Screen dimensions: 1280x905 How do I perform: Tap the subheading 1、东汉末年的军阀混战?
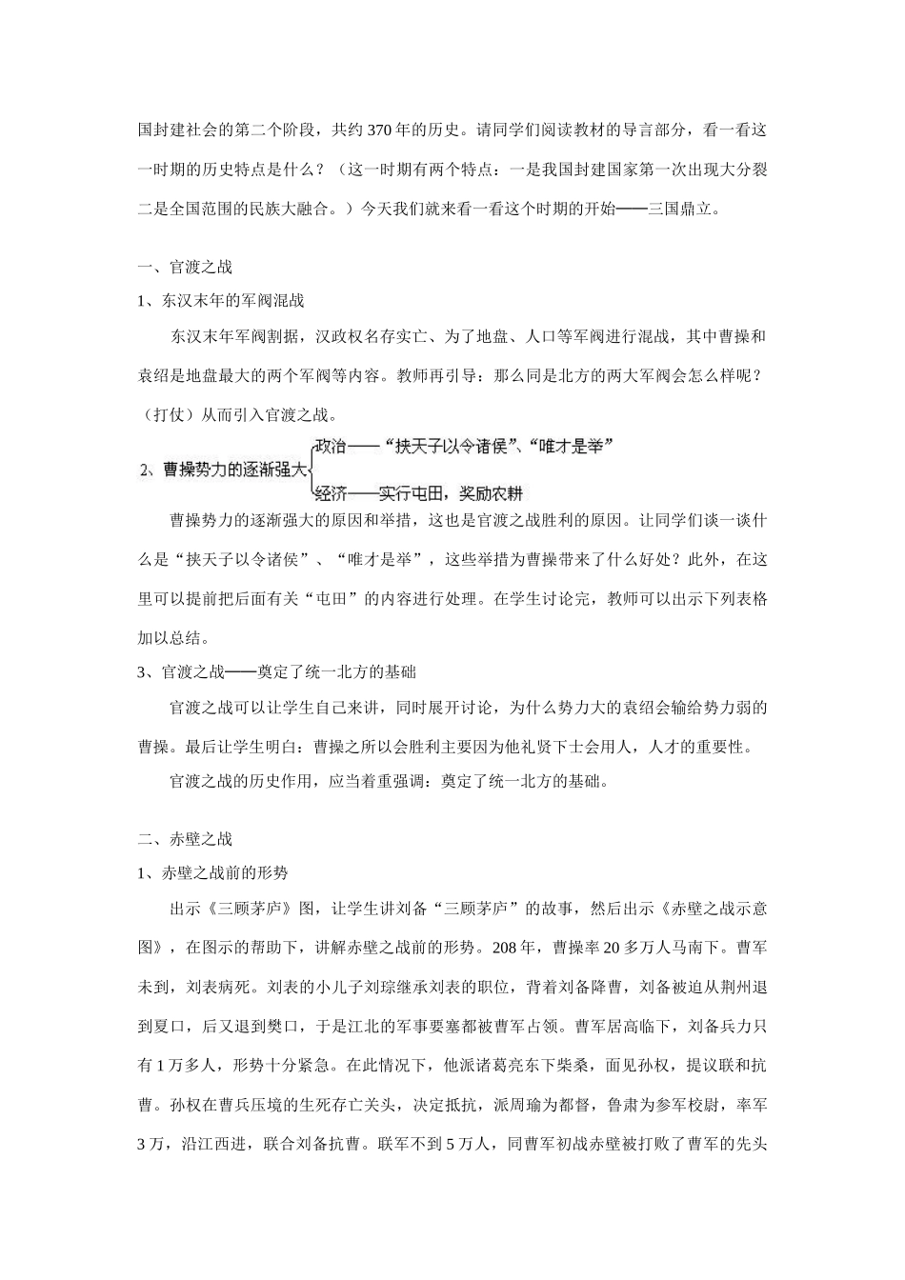point(221,301)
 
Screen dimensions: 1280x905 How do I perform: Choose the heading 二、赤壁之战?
point(185,839)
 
